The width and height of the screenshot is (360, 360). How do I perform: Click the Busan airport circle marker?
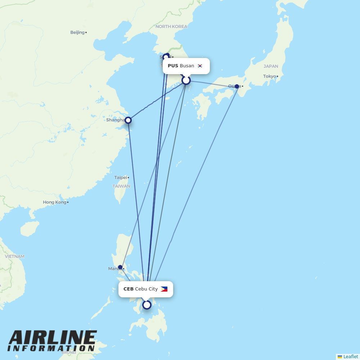click(x=186, y=80)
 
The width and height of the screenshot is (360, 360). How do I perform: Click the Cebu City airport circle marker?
click(x=147, y=305)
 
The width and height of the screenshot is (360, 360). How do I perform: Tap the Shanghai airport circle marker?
click(x=128, y=120)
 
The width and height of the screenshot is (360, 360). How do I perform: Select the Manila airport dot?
click(x=120, y=267)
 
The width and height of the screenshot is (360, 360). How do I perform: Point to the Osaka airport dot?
click(x=237, y=86)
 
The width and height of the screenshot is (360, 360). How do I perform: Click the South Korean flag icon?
click(x=200, y=66)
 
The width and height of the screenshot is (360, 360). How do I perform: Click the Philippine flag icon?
click(x=164, y=289)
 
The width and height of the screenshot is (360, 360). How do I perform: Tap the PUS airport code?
click(x=173, y=66)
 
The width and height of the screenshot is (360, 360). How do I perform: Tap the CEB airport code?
click(x=129, y=289)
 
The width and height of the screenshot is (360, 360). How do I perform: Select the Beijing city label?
click(x=77, y=32)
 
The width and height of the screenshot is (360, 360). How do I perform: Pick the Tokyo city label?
click(x=269, y=76)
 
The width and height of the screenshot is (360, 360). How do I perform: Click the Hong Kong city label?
click(x=55, y=202)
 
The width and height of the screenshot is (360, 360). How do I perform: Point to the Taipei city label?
click(x=121, y=177)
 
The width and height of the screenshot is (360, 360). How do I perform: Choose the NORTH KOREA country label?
click(x=171, y=27)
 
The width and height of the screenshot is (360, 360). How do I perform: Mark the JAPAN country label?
click(x=271, y=66)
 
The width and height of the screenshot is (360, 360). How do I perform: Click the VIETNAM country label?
click(x=15, y=257)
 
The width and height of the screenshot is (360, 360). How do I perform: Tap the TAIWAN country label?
click(x=121, y=186)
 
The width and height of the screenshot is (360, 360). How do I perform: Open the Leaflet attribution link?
click(x=350, y=356)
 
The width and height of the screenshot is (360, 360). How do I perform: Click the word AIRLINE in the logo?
click(x=53, y=338)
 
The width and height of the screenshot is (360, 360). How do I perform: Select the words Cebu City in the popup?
click(x=147, y=289)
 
